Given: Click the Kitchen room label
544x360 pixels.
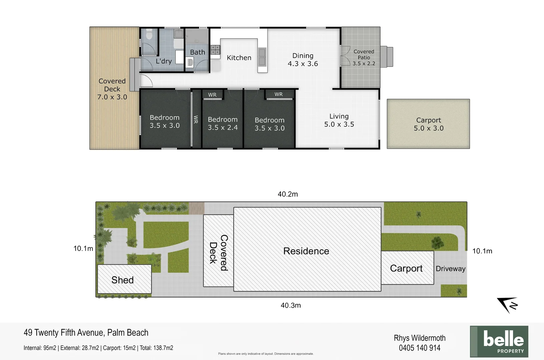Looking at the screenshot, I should [239, 58].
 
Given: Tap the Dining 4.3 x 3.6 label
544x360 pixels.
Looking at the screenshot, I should [303, 60].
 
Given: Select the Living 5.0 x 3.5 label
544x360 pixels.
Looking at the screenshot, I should [339, 120].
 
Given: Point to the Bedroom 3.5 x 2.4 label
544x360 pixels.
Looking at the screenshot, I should [222, 123].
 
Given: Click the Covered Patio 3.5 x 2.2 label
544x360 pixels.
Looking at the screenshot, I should [364, 57].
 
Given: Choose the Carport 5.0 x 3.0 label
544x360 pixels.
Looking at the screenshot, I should [429, 124].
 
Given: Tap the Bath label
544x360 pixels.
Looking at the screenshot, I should [197, 52].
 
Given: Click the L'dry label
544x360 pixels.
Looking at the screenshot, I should [163, 61].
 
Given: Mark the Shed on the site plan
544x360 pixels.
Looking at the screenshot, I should [123, 280].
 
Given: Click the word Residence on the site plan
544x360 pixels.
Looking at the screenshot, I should [306, 251].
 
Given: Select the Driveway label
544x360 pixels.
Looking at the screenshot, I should [450, 269].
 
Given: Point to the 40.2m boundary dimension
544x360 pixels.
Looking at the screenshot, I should [288, 194].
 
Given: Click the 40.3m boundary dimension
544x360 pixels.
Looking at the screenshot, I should [291, 305].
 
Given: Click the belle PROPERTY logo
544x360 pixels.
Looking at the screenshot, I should [499, 341].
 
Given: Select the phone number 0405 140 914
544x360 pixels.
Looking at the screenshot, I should [420, 348].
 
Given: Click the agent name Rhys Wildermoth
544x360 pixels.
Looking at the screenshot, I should [420, 338].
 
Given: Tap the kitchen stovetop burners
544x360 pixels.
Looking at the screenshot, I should [215, 50].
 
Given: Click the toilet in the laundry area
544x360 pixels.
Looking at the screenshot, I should [149, 34].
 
